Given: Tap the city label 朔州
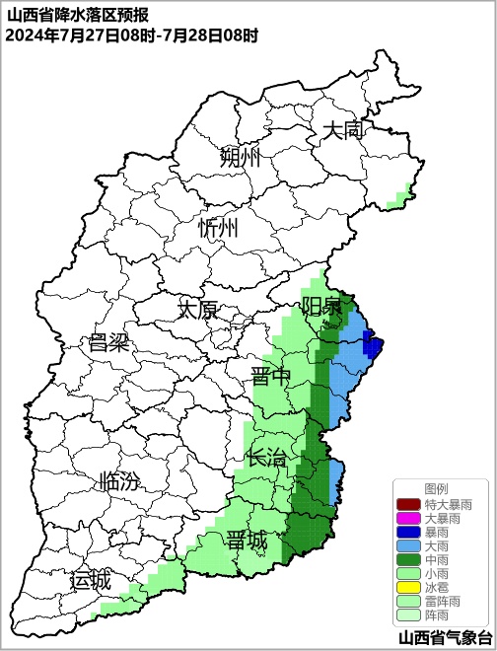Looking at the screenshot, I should click(240, 157).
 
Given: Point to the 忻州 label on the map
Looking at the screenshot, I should click(218, 228).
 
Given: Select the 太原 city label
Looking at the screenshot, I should click(197, 309).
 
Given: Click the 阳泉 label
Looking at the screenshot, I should click(321, 305).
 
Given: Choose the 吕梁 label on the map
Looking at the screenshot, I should click(109, 342).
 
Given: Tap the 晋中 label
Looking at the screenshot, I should click(271, 377).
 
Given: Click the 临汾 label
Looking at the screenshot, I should click(119, 482).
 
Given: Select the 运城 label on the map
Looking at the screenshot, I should click(90, 580).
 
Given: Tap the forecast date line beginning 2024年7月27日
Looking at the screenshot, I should click(131, 36).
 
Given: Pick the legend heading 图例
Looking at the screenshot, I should click(436, 488).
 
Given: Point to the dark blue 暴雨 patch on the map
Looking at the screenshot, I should click(373, 345).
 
